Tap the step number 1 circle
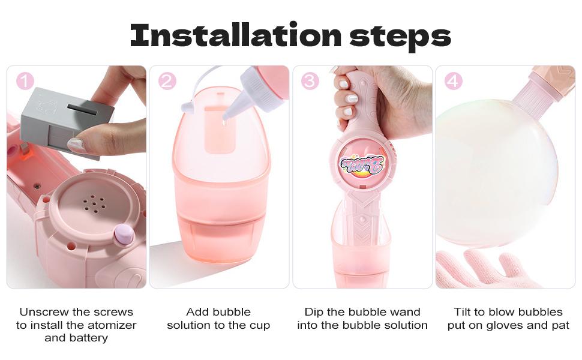tap(25, 81)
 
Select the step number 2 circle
tap(167, 81)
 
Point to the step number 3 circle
tap(310, 81)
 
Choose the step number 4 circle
tap(453, 81)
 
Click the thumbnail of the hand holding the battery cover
tap(76, 177)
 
